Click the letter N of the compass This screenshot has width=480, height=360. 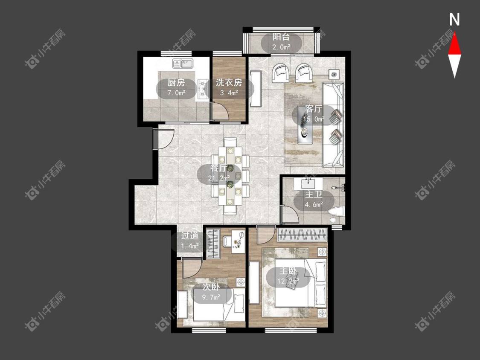tap(454, 20)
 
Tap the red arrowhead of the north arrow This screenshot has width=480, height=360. tap(454, 44)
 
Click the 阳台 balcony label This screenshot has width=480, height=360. tap(281, 38)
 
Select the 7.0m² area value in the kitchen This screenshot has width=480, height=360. tap(176, 93)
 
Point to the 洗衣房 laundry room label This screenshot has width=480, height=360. tap(229, 83)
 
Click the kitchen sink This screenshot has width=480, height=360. tap(183, 64)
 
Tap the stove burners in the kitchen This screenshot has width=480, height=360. tap(203, 89)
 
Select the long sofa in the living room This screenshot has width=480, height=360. tap(333, 124)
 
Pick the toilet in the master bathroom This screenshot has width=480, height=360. tap(337, 213)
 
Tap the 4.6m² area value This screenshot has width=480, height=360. tap(314, 204)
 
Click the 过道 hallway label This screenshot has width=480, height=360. tap(190, 236)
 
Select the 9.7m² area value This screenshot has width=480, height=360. tap(211, 296)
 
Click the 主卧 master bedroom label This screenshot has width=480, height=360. tap(288, 271)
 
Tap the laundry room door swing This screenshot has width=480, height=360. tap(219, 111)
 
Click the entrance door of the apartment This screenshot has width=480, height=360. tap(163, 139)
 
